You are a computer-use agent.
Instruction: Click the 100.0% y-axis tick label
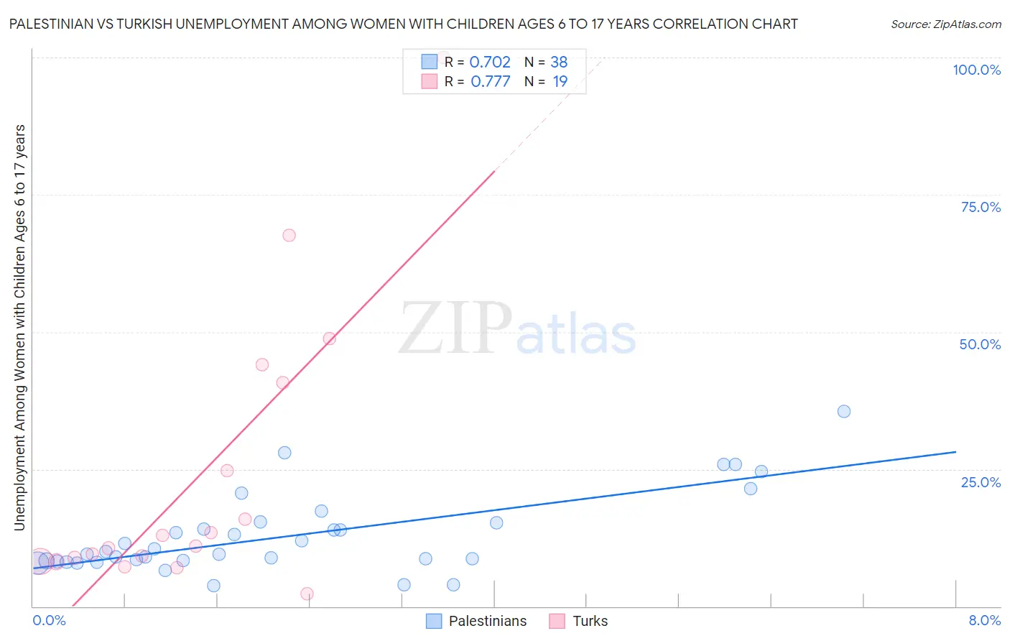pos(976,70)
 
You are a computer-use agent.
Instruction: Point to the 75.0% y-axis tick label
pos(981,207)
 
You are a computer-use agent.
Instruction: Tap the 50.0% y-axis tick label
pos(980,344)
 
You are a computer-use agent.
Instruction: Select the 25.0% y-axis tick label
pos(981,482)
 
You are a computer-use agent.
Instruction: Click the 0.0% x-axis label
pos(49,620)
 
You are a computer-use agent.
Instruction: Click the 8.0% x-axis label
pos(984,620)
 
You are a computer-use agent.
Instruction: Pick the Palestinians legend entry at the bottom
pos(476,621)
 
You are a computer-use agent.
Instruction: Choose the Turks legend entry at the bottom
pos(578,621)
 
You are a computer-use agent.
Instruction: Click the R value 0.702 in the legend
pos(490,62)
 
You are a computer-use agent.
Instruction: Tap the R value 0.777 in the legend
pos(490,81)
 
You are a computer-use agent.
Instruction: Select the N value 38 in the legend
pos(559,62)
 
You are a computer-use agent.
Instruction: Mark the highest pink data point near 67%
pos(289,235)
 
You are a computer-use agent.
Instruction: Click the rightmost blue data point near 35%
pos(844,411)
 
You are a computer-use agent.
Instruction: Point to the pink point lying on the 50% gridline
pos(330,338)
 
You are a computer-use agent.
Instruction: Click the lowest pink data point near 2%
pos(307,594)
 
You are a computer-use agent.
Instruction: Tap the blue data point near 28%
pos(284,453)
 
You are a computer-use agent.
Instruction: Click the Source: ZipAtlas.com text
pos(945,24)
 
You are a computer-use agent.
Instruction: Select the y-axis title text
pos(19,328)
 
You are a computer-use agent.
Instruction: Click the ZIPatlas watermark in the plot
pos(517,329)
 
